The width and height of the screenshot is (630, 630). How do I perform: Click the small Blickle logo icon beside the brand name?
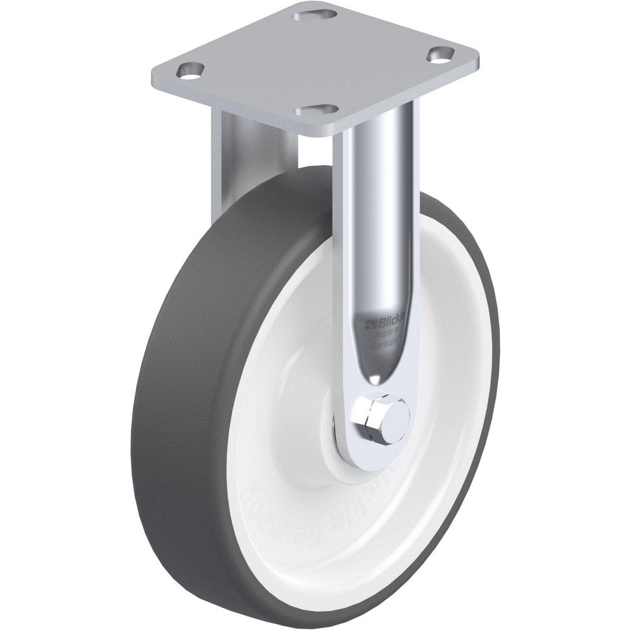coord(369,324)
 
